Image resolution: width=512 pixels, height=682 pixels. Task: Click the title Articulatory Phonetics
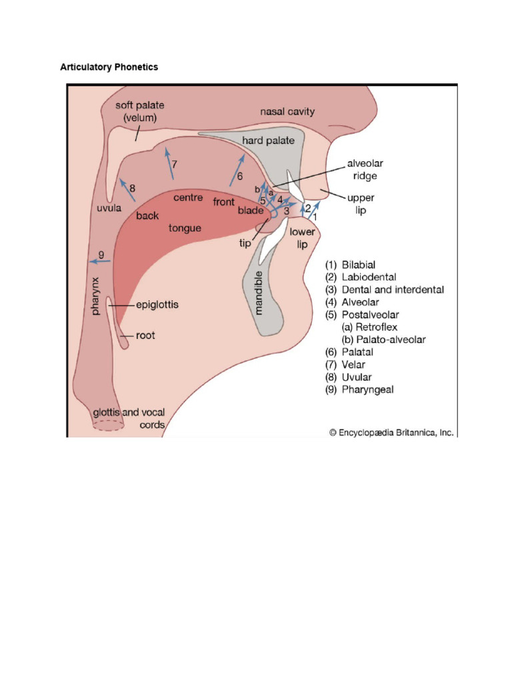109,67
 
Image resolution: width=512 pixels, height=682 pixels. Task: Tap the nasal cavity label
287,111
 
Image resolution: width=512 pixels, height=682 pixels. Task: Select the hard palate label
268,141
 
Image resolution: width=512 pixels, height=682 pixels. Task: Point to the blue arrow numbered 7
169,164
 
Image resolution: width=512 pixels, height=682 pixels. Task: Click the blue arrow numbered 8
127,190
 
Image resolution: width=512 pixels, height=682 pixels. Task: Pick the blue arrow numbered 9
100,261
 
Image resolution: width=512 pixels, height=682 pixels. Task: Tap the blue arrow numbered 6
237,170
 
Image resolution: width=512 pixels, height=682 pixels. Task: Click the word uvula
109,208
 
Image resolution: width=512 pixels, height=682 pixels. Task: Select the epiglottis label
157,304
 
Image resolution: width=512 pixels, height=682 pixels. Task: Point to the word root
145,336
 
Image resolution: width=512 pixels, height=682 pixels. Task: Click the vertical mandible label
258,293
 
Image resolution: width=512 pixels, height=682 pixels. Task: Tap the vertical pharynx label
95,296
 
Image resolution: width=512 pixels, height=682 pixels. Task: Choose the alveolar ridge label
365,170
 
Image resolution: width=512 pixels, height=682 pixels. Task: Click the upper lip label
361,204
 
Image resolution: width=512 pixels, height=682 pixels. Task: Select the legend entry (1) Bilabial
350,265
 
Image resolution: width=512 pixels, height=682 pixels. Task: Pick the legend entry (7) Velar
345,364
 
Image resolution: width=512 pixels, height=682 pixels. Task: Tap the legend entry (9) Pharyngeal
359,389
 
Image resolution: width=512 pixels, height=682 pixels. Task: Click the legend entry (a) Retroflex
369,327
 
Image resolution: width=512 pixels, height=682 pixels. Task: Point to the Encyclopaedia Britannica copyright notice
391,432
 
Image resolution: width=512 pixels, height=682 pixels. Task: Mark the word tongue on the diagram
185,228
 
